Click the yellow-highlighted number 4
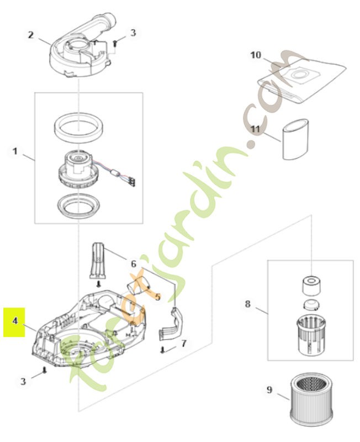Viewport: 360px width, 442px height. (x=15, y=320)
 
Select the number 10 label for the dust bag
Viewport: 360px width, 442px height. (x=255, y=55)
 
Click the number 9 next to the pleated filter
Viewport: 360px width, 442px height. (x=269, y=390)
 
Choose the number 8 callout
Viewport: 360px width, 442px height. (x=247, y=303)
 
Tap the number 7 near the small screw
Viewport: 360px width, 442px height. (x=184, y=343)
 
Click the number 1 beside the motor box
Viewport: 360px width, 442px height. (x=15, y=150)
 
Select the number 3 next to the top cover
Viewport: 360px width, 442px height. (x=133, y=33)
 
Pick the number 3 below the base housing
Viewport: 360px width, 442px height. (x=23, y=381)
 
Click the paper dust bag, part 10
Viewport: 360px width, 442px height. (x=301, y=81)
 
